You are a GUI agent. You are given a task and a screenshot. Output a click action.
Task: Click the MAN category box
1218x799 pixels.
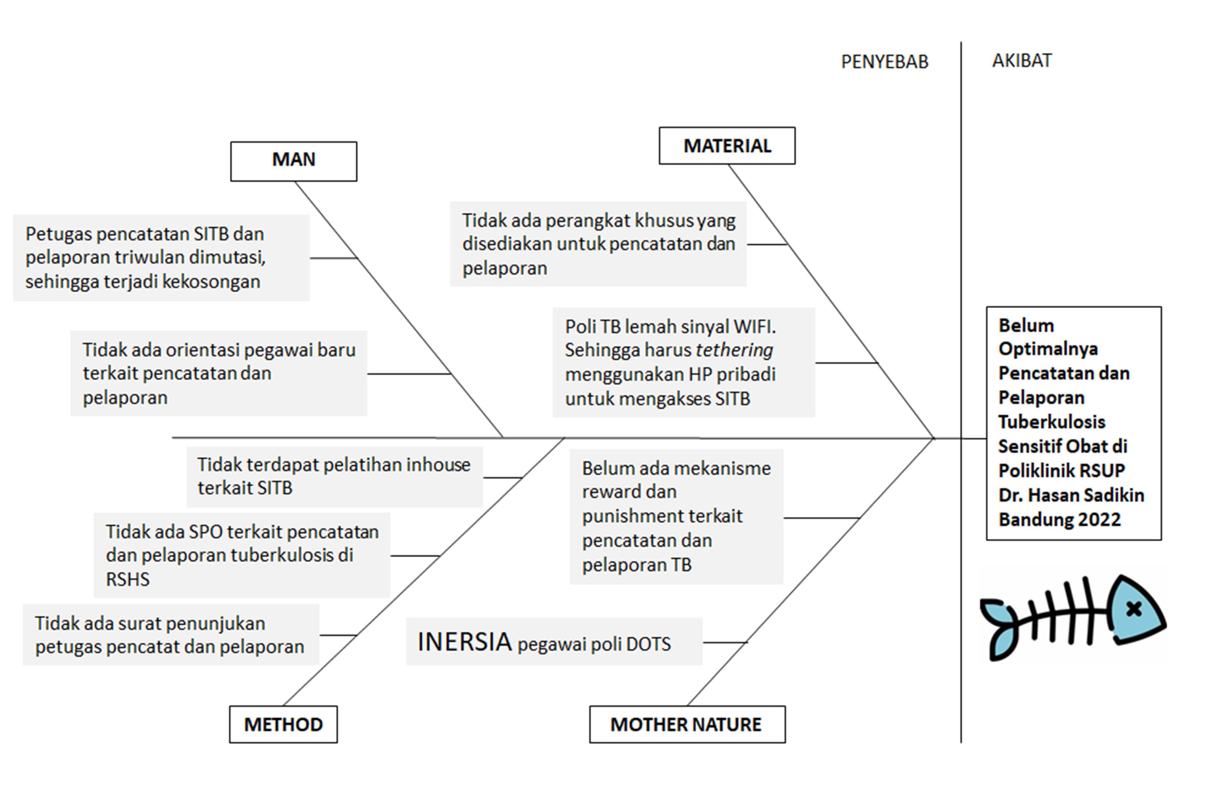(294, 161)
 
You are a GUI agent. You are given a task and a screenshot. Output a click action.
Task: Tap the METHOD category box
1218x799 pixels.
(283, 724)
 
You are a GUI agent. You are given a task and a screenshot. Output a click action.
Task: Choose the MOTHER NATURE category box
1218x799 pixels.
(687, 724)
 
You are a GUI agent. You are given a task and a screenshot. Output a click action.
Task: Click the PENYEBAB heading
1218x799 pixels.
(884, 62)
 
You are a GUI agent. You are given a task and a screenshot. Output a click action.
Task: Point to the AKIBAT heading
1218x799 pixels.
(1022, 61)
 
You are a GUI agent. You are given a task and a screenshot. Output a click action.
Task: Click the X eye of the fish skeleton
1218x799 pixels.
(1134, 609)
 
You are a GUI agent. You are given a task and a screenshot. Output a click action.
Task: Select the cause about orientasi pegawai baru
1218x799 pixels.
(219, 373)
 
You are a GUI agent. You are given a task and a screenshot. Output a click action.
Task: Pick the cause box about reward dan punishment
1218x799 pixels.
(676, 517)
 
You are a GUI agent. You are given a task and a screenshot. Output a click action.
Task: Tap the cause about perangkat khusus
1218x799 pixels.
(598, 244)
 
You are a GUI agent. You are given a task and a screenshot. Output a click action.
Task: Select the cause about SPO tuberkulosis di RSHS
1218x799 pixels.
(242, 555)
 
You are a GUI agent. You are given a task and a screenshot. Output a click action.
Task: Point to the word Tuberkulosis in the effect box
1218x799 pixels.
(1052, 422)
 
